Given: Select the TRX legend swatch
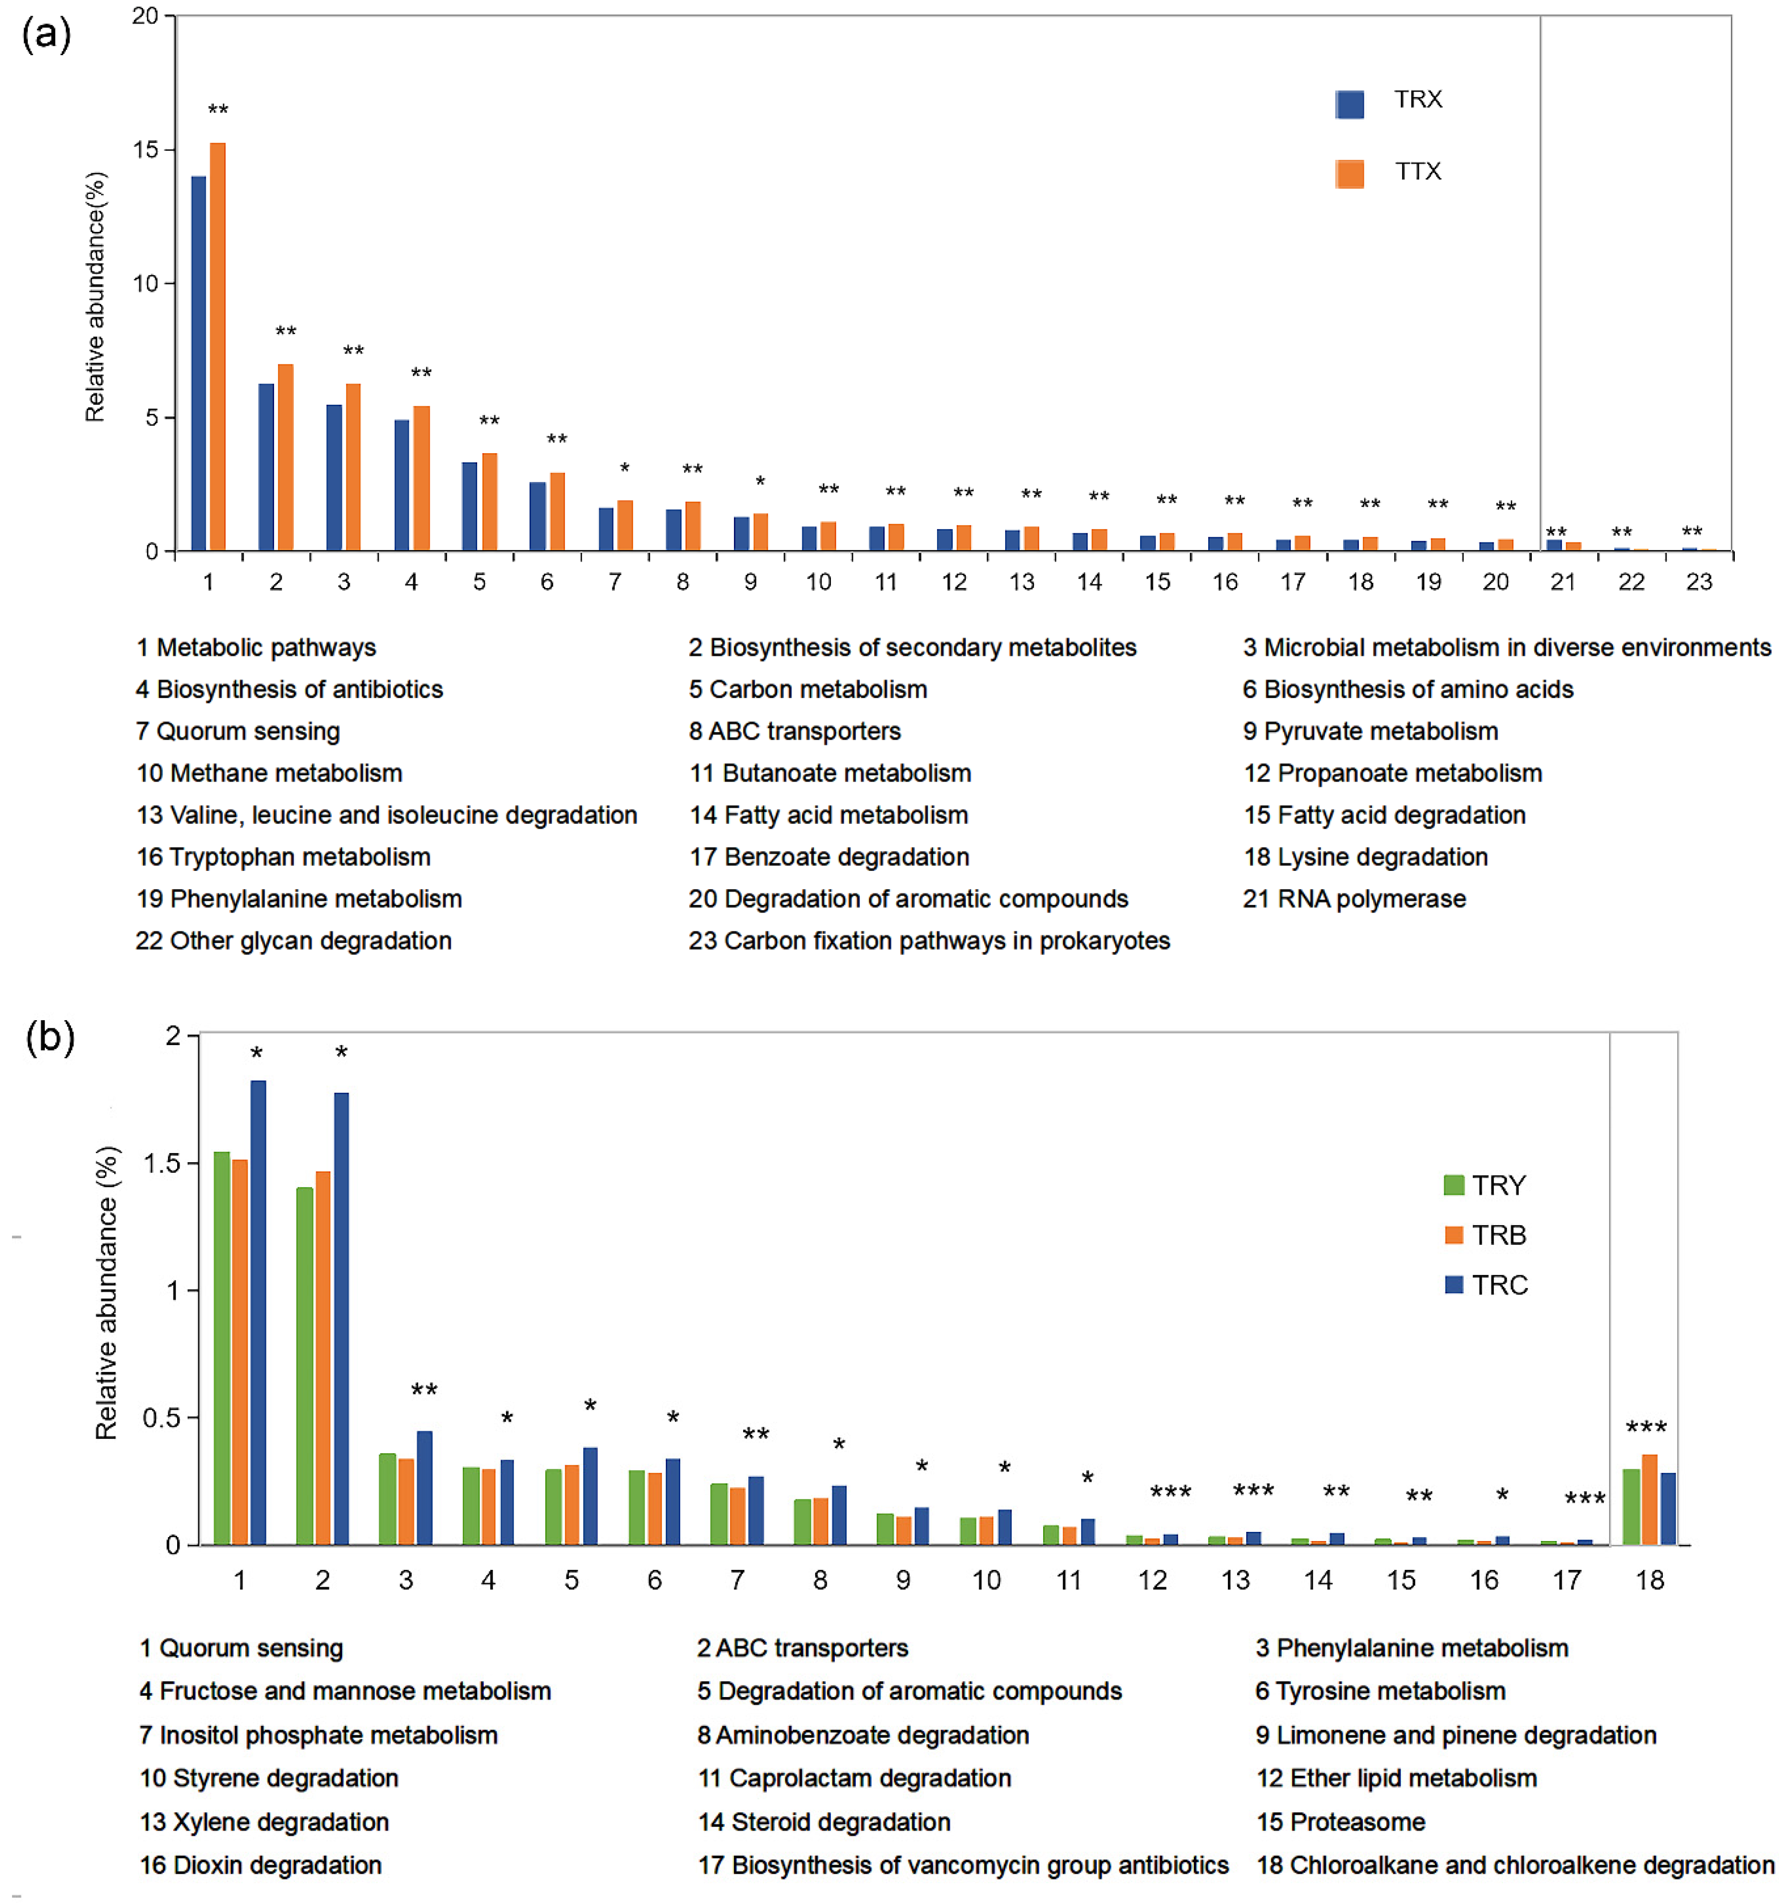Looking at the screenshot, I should point(1349,103).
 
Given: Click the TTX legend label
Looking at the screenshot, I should point(1417,171).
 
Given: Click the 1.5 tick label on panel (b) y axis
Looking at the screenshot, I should point(162,1163).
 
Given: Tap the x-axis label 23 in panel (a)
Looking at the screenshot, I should point(1699,582).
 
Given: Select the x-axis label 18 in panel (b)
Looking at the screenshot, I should point(1649,1580).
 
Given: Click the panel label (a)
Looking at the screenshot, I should point(46,36).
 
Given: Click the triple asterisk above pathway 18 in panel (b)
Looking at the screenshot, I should point(1646,1427).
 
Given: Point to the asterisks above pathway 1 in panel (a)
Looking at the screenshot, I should point(218,109).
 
